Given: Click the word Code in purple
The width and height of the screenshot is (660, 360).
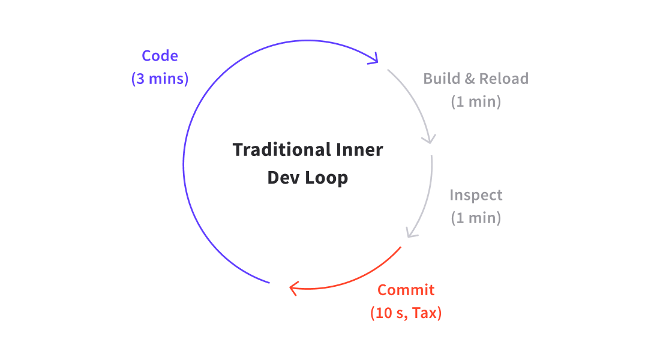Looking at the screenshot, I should [160, 56].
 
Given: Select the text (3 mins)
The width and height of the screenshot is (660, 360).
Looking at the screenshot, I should [160, 79].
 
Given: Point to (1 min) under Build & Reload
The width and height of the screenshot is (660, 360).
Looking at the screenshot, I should [476, 101].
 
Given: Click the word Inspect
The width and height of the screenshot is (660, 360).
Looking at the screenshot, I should [476, 195].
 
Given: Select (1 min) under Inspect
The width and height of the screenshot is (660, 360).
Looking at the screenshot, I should [476, 218].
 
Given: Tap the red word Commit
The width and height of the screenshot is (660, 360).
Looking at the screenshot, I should [406, 290].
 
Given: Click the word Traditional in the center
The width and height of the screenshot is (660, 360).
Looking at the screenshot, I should [274, 149].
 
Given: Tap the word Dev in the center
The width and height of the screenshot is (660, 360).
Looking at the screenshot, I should [280, 178].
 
